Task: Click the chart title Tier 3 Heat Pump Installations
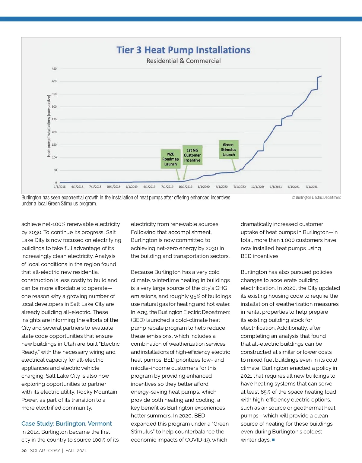(183, 50)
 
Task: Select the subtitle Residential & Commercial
(183, 61)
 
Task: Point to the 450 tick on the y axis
(54, 69)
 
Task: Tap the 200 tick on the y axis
(54, 132)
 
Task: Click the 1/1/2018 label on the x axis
(60, 187)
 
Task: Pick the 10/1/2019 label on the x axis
(185, 187)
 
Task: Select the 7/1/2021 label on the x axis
(312, 187)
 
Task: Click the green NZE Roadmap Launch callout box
(170, 159)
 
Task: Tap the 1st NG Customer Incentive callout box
(192, 155)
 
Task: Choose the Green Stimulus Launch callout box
(228, 150)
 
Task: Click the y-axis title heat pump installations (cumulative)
(49, 126)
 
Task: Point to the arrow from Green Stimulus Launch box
(233, 165)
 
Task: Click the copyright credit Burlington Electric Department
(316, 198)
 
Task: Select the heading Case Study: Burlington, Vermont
(66, 423)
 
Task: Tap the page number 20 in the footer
(24, 451)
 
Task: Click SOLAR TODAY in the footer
(45, 451)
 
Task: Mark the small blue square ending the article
(273, 440)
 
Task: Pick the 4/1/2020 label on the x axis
(221, 187)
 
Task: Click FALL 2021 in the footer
(76, 451)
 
